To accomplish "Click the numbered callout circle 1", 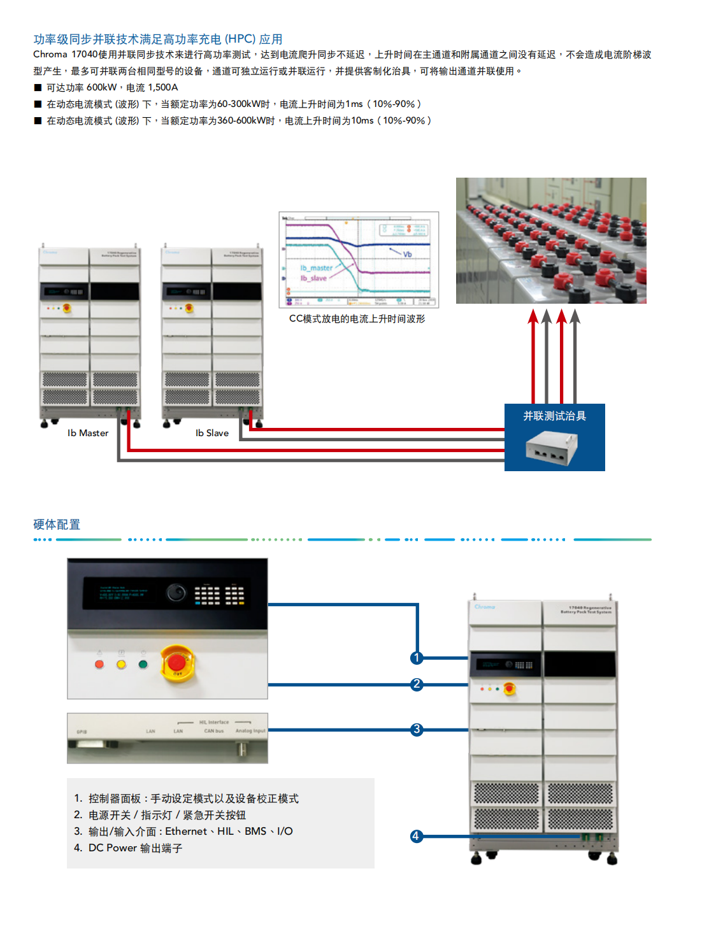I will point(417,658).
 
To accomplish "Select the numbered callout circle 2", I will point(417,684).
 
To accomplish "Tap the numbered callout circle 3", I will point(417,730).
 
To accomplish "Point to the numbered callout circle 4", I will point(416,836).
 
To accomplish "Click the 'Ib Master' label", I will point(88,433).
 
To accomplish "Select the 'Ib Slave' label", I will point(212,433).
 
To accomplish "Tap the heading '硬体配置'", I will point(57,525).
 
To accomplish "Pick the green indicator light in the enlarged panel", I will point(143,664).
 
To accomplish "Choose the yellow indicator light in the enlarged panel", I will point(121,664).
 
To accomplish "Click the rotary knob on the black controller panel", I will point(176,593).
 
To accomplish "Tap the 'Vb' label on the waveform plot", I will point(407,254).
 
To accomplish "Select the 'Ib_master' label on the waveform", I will point(317,268).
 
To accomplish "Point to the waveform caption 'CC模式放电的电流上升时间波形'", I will point(357,318).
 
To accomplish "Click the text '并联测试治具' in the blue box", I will point(554,416).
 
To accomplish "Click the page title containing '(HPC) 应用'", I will point(158,39).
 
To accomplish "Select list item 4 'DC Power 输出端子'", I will point(135,847).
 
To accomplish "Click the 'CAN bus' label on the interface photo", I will point(214,731).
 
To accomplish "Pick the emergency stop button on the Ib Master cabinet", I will point(66,309).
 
